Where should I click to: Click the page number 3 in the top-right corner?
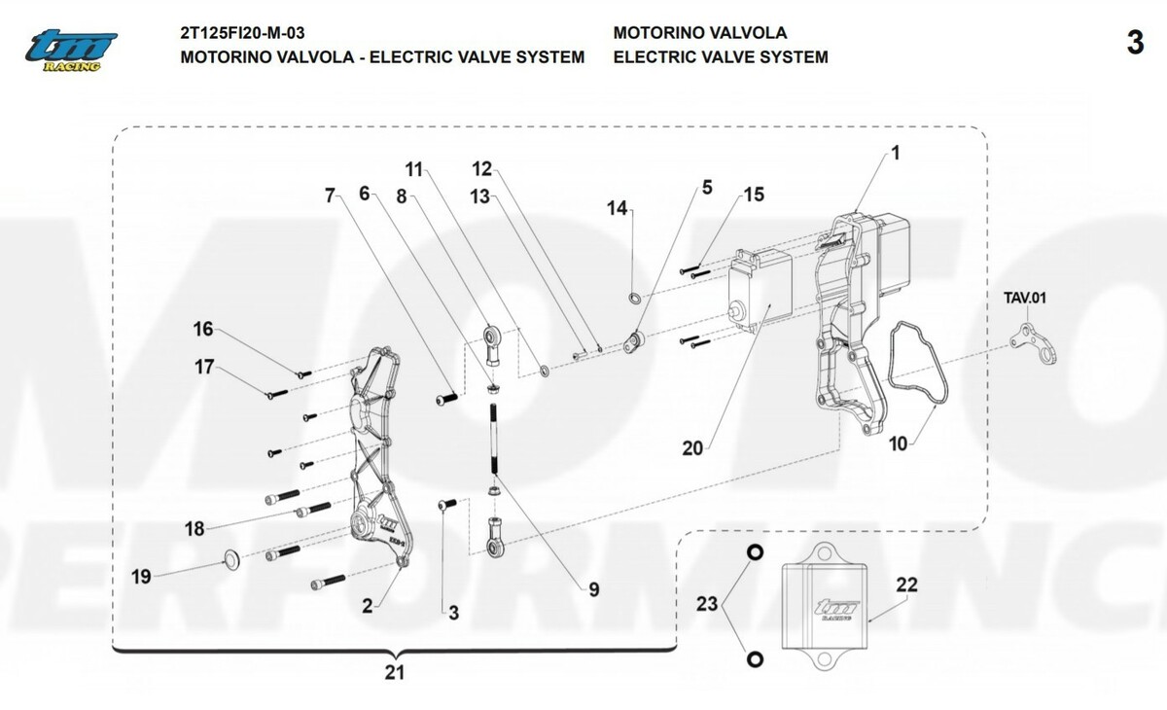point(1134,44)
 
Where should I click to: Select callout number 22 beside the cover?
point(905,586)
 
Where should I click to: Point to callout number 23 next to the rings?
point(707,604)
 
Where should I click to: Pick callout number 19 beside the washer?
point(142,577)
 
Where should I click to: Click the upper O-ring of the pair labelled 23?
point(754,552)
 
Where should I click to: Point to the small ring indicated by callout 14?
point(634,297)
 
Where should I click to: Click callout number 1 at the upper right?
point(896,153)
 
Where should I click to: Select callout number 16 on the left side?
point(202,330)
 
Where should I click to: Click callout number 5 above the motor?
point(707,186)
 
